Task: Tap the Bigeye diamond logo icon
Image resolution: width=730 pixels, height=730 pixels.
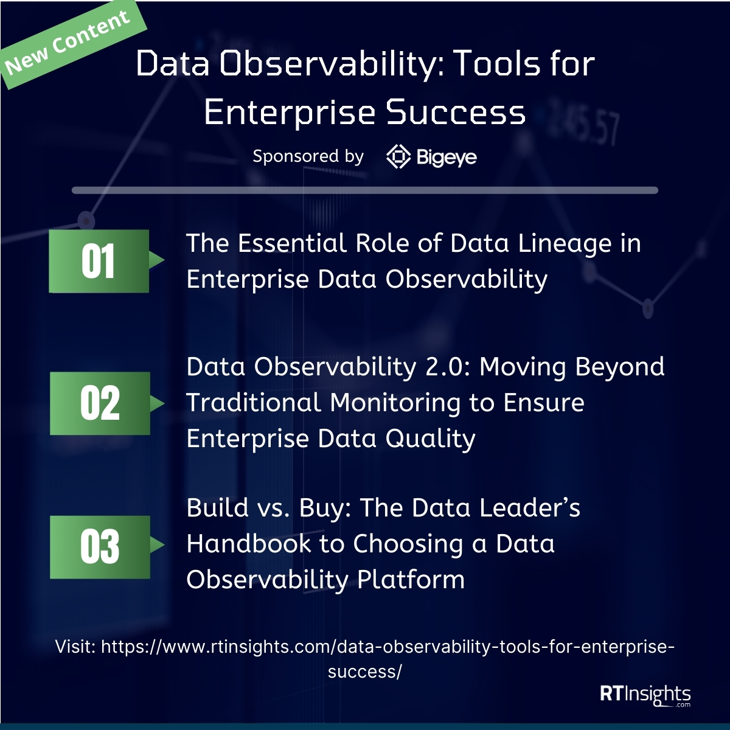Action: (398, 157)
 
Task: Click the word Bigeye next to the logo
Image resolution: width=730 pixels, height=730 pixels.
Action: (447, 158)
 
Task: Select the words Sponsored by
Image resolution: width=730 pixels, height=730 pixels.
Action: (308, 156)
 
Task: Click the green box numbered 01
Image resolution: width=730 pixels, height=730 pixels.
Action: (99, 261)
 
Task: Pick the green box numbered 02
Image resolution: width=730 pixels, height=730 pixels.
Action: (100, 403)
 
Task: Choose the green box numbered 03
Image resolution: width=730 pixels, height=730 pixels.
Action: (100, 547)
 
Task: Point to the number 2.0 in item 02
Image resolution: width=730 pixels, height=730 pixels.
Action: (447, 367)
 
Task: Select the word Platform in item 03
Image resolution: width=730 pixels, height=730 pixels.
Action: (411, 579)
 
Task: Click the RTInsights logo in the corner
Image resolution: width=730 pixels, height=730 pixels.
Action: (645, 695)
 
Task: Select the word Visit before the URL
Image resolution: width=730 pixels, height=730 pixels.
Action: (75, 647)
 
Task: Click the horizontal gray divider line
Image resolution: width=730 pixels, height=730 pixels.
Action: (365, 190)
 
